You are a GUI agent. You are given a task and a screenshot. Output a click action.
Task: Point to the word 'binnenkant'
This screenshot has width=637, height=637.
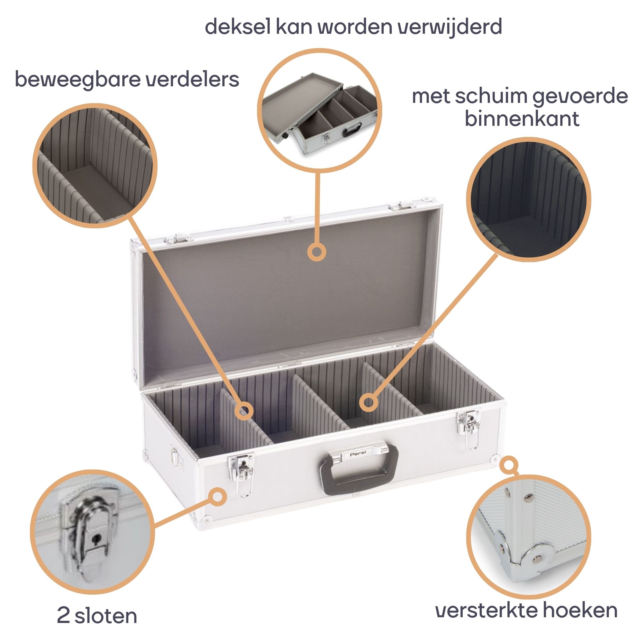click(522, 119)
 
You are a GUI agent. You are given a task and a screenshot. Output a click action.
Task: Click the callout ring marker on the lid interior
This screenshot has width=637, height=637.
click(317, 252)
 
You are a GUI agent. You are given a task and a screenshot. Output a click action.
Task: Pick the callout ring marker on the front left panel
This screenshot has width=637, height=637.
click(218, 497)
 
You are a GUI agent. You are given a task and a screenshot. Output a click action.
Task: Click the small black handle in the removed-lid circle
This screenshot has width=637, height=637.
click(352, 130)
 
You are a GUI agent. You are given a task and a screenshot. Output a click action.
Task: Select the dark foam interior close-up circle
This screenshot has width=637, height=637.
click(528, 199)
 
